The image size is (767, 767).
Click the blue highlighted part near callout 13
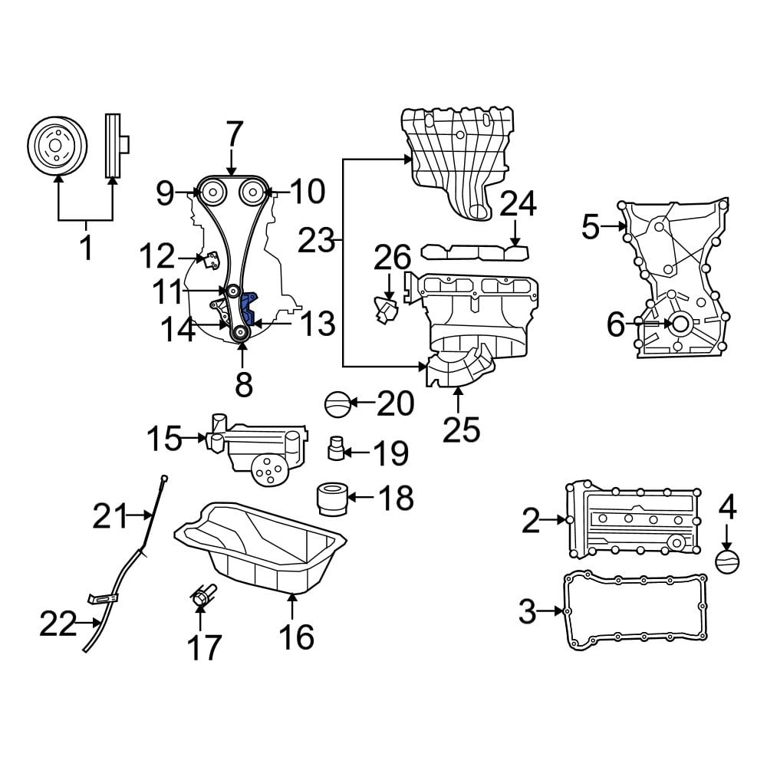pos(249,310)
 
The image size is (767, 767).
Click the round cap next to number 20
pos(337,403)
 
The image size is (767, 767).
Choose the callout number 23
pos(317,242)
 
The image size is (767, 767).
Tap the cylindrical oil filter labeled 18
pos(333,497)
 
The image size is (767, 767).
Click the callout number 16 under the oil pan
pos(295,637)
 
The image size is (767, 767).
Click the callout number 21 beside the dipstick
pos(113,518)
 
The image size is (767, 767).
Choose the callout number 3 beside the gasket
pos(527,611)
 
